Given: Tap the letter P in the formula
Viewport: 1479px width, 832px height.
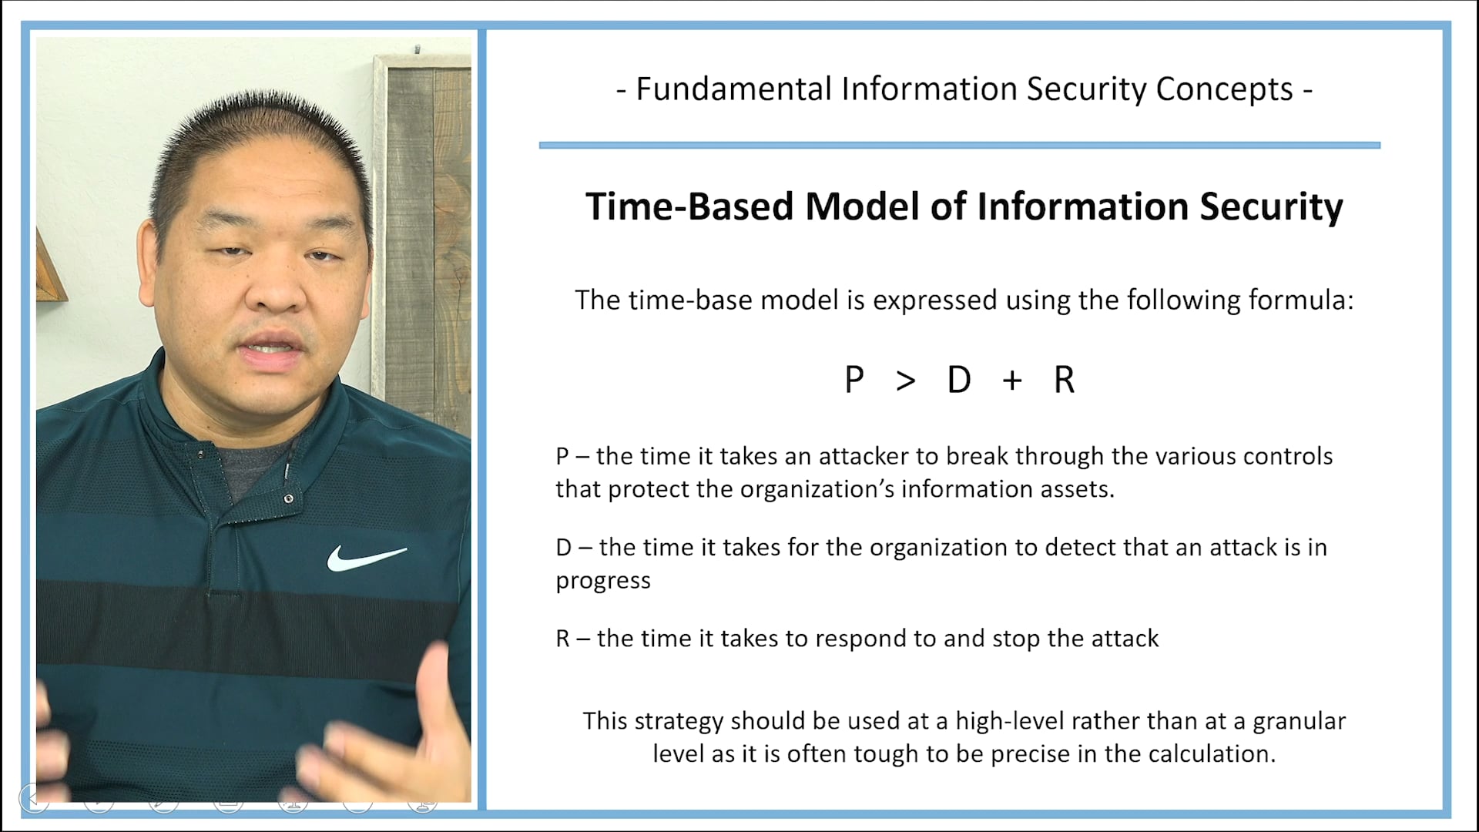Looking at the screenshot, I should [x=854, y=380].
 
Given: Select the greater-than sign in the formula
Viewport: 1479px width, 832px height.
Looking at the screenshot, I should [x=906, y=381].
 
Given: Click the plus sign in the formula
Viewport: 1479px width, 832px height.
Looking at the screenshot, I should [x=1012, y=380].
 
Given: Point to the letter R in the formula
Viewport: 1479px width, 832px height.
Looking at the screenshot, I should [x=1064, y=380].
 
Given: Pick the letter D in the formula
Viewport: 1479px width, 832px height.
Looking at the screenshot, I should [x=959, y=380].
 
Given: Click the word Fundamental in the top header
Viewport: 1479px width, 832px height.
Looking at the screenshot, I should [x=734, y=89].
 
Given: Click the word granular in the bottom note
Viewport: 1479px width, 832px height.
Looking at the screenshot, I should [x=1299, y=721].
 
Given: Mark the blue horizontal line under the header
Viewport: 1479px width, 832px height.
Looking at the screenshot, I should [x=959, y=145].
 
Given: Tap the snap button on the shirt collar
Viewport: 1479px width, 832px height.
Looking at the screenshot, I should [x=288, y=498].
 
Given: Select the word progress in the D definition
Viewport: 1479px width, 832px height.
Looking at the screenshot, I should [x=603, y=581].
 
